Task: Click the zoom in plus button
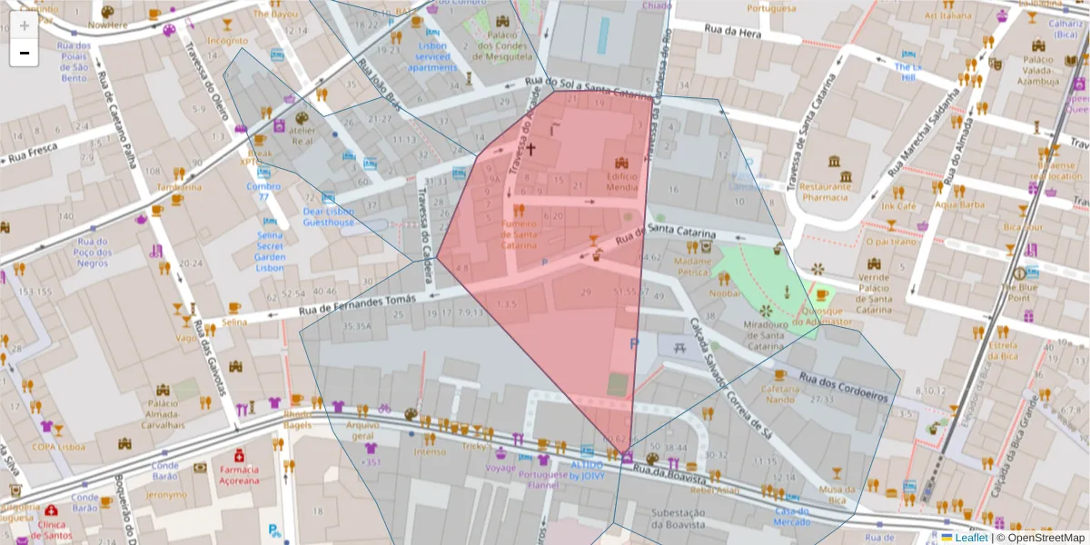(x=24, y=25)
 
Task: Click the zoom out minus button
(x=24, y=54)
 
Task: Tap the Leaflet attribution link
(x=970, y=538)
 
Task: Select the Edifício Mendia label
(x=622, y=182)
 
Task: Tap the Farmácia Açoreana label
(x=239, y=475)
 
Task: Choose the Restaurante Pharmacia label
(x=825, y=191)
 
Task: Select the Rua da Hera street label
(x=732, y=31)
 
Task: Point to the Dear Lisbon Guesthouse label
(x=328, y=216)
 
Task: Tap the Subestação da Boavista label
(x=678, y=519)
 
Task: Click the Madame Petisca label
(x=691, y=266)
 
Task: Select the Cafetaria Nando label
(x=779, y=392)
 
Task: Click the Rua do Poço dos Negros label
(x=92, y=253)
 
